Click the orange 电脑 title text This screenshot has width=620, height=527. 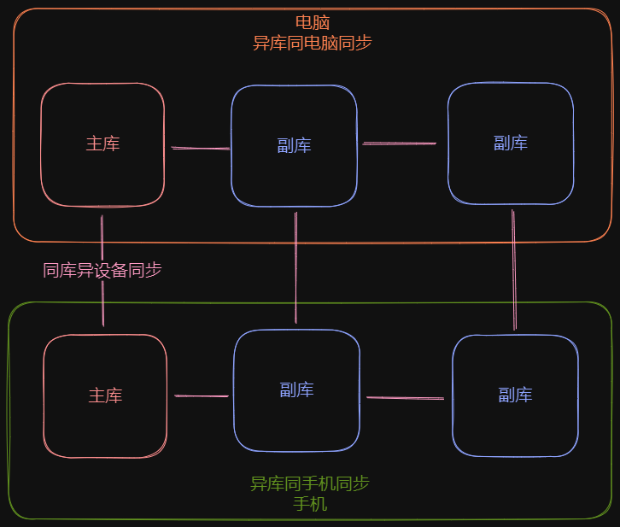(312, 23)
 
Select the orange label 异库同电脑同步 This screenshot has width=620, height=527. (312, 43)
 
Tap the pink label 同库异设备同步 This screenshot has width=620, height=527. (102, 270)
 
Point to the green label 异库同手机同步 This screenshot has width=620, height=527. (309, 484)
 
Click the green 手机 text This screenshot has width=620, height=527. (309, 504)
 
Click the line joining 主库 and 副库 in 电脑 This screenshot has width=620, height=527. (200, 149)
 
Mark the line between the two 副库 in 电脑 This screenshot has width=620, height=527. (400, 143)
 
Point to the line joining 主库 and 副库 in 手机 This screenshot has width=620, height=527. (202, 395)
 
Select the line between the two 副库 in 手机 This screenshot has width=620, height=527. (405, 397)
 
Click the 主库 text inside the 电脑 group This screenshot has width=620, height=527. (102, 143)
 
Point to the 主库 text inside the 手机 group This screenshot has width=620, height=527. (105, 395)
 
